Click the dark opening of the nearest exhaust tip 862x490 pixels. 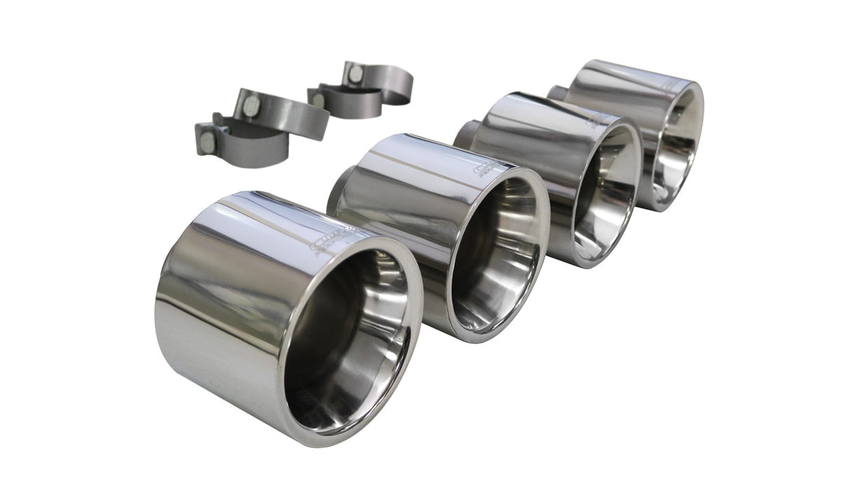point(346,336)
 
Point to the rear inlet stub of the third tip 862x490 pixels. point(465,133)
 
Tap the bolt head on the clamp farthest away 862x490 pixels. point(355,73)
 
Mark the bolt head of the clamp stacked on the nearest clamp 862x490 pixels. point(251,106)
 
